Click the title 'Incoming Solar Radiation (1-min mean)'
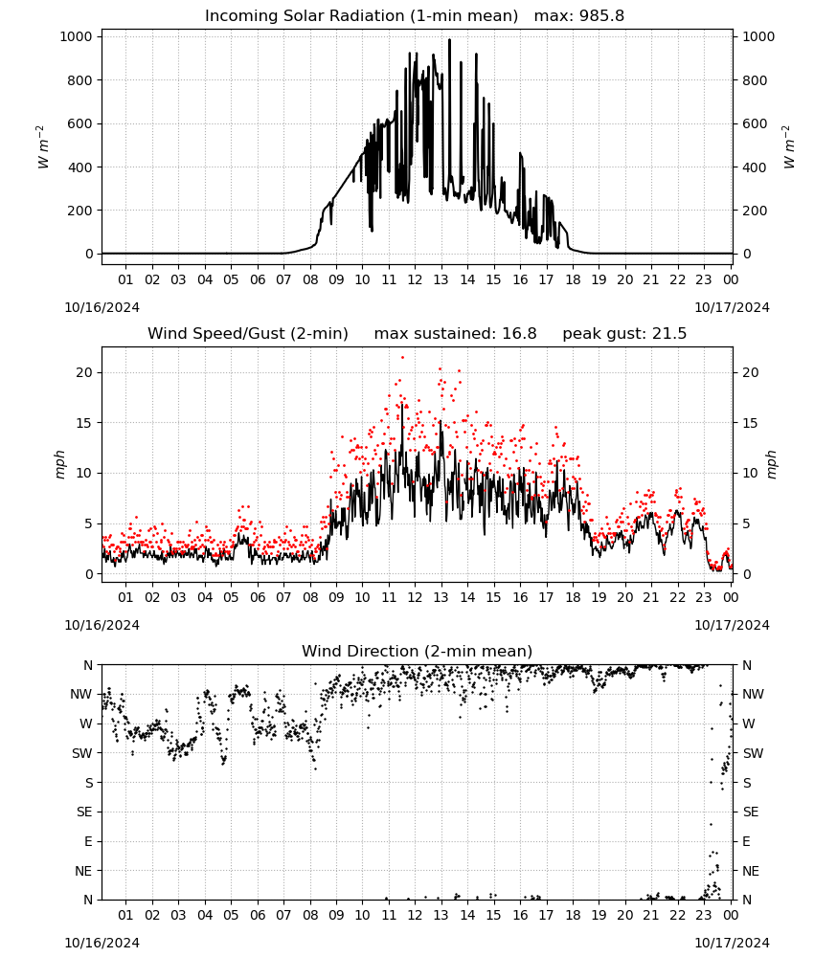(x=361, y=16)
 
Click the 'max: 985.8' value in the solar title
(x=579, y=16)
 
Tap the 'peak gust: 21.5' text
(x=624, y=334)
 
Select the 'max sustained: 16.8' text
(x=456, y=334)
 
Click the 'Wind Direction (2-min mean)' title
(x=418, y=651)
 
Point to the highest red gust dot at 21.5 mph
(x=402, y=358)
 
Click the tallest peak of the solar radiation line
(x=449, y=40)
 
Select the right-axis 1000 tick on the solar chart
(x=758, y=36)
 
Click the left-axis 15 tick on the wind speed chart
(x=84, y=423)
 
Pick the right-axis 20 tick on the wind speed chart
(x=751, y=372)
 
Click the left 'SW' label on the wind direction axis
(x=82, y=753)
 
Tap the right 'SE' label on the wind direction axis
(x=751, y=812)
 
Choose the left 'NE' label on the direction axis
(x=83, y=871)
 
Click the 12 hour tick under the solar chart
(x=415, y=279)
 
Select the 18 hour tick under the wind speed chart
(x=573, y=597)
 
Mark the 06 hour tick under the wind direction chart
(x=258, y=915)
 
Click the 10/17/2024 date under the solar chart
(x=732, y=307)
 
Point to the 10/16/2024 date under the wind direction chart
(x=102, y=943)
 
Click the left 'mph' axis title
(x=59, y=464)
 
